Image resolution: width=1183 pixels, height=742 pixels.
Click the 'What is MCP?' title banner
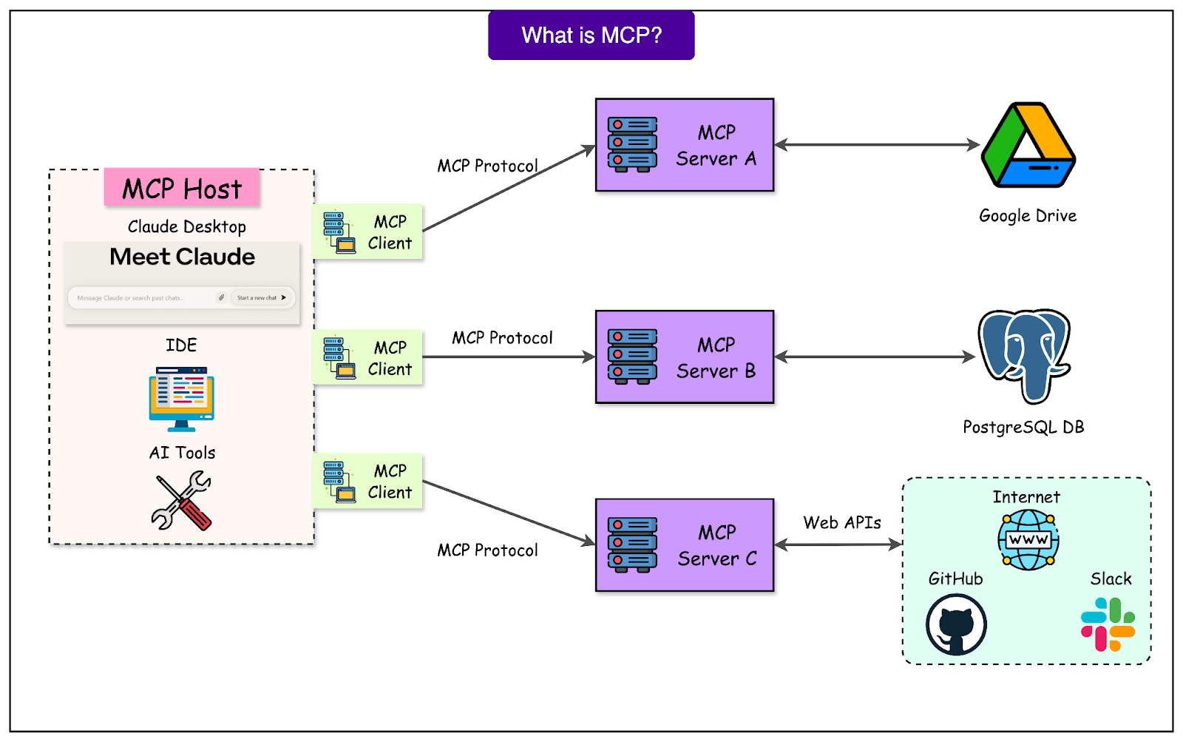click(591, 36)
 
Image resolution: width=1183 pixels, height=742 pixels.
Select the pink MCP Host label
click(182, 189)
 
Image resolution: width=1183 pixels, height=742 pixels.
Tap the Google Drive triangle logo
click(1028, 146)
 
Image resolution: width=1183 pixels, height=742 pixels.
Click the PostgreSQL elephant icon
click(1025, 355)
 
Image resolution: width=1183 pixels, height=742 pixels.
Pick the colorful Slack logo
click(1108, 624)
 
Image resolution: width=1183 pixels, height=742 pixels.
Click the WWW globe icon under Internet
click(1028, 540)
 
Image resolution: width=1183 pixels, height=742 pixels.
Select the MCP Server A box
click(685, 145)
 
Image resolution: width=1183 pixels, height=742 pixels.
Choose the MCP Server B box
click(685, 357)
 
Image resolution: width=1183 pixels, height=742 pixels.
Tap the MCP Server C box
click(685, 545)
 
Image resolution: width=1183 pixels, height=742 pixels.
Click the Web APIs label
click(842, 523)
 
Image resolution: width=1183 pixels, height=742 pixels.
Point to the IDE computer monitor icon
click(181, 399)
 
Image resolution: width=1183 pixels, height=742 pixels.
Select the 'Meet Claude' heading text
click(182, 257)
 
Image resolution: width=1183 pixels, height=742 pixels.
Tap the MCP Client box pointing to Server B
click(367, 357)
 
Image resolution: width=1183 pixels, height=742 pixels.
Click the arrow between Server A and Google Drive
click(877, 145)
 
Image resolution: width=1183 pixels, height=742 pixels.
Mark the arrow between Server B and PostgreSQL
click(875, 357)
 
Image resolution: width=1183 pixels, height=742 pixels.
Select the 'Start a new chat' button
click(260, 297)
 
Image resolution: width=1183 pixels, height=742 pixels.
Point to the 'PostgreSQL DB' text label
click(1023, 428)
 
